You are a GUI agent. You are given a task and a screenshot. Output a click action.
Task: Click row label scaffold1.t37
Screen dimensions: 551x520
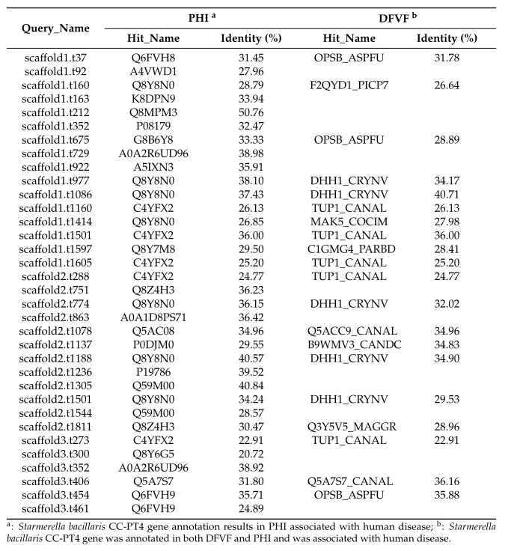click(55, 57)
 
